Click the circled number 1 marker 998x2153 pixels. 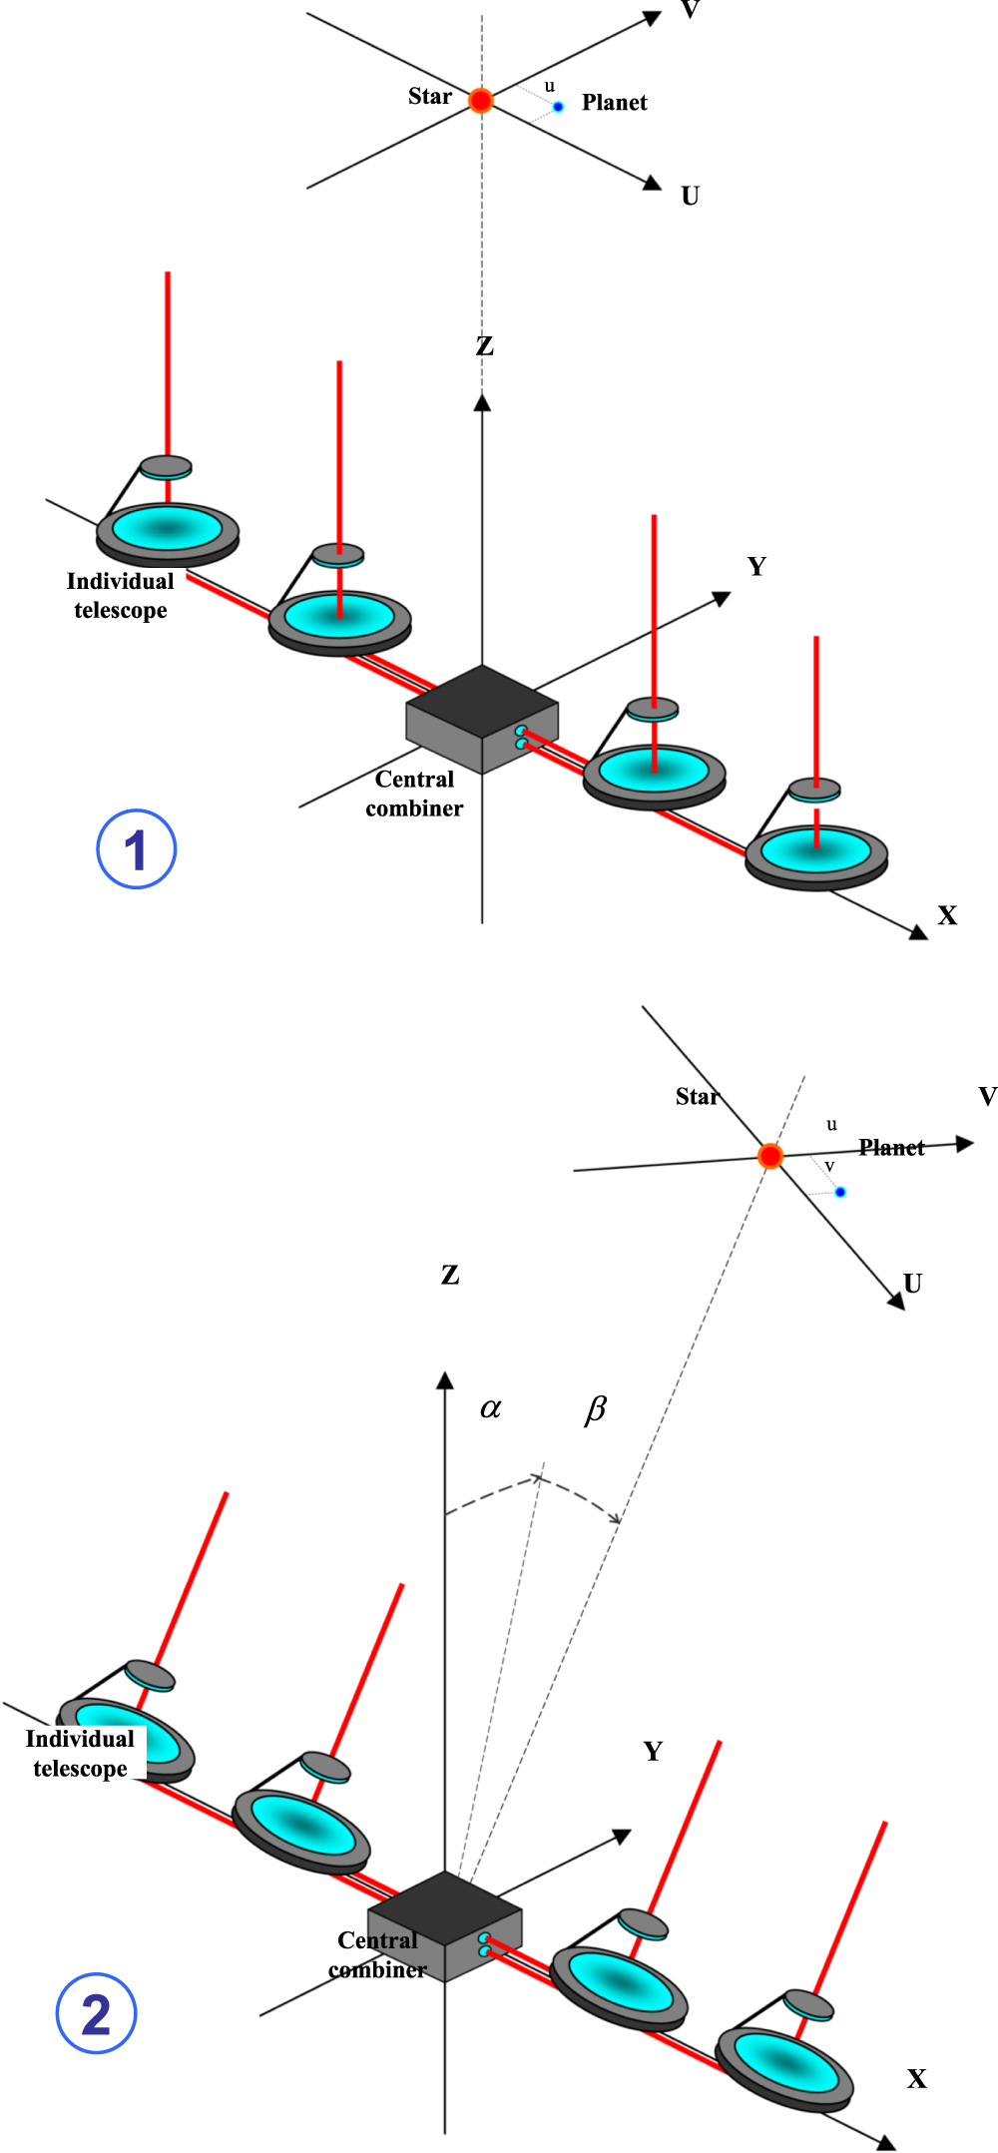[136, 849]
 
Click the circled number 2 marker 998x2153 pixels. [96, 2013]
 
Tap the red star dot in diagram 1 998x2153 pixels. [481, 101]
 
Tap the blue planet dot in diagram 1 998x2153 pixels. [558, 107]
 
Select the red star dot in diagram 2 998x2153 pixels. [769, 1156]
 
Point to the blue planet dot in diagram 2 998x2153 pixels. [840, 1192]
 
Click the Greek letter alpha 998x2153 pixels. [490, 1408]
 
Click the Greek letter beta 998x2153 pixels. [595, 1409]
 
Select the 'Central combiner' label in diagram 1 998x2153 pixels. [414, 794]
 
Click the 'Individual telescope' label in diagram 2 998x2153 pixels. [80, 1753]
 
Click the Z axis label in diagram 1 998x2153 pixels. [484, 346]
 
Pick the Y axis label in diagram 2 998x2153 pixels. [653, 1751]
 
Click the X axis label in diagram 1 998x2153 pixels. [947, 915]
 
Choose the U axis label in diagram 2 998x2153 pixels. [912, 1283]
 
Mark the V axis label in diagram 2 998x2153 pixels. [987, 1096]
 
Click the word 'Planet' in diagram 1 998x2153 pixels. [614, 103]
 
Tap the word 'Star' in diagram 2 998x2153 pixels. [696, 1097]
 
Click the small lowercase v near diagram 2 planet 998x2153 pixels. [828, 1167]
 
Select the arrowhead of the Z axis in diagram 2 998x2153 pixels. [445, 1380]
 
